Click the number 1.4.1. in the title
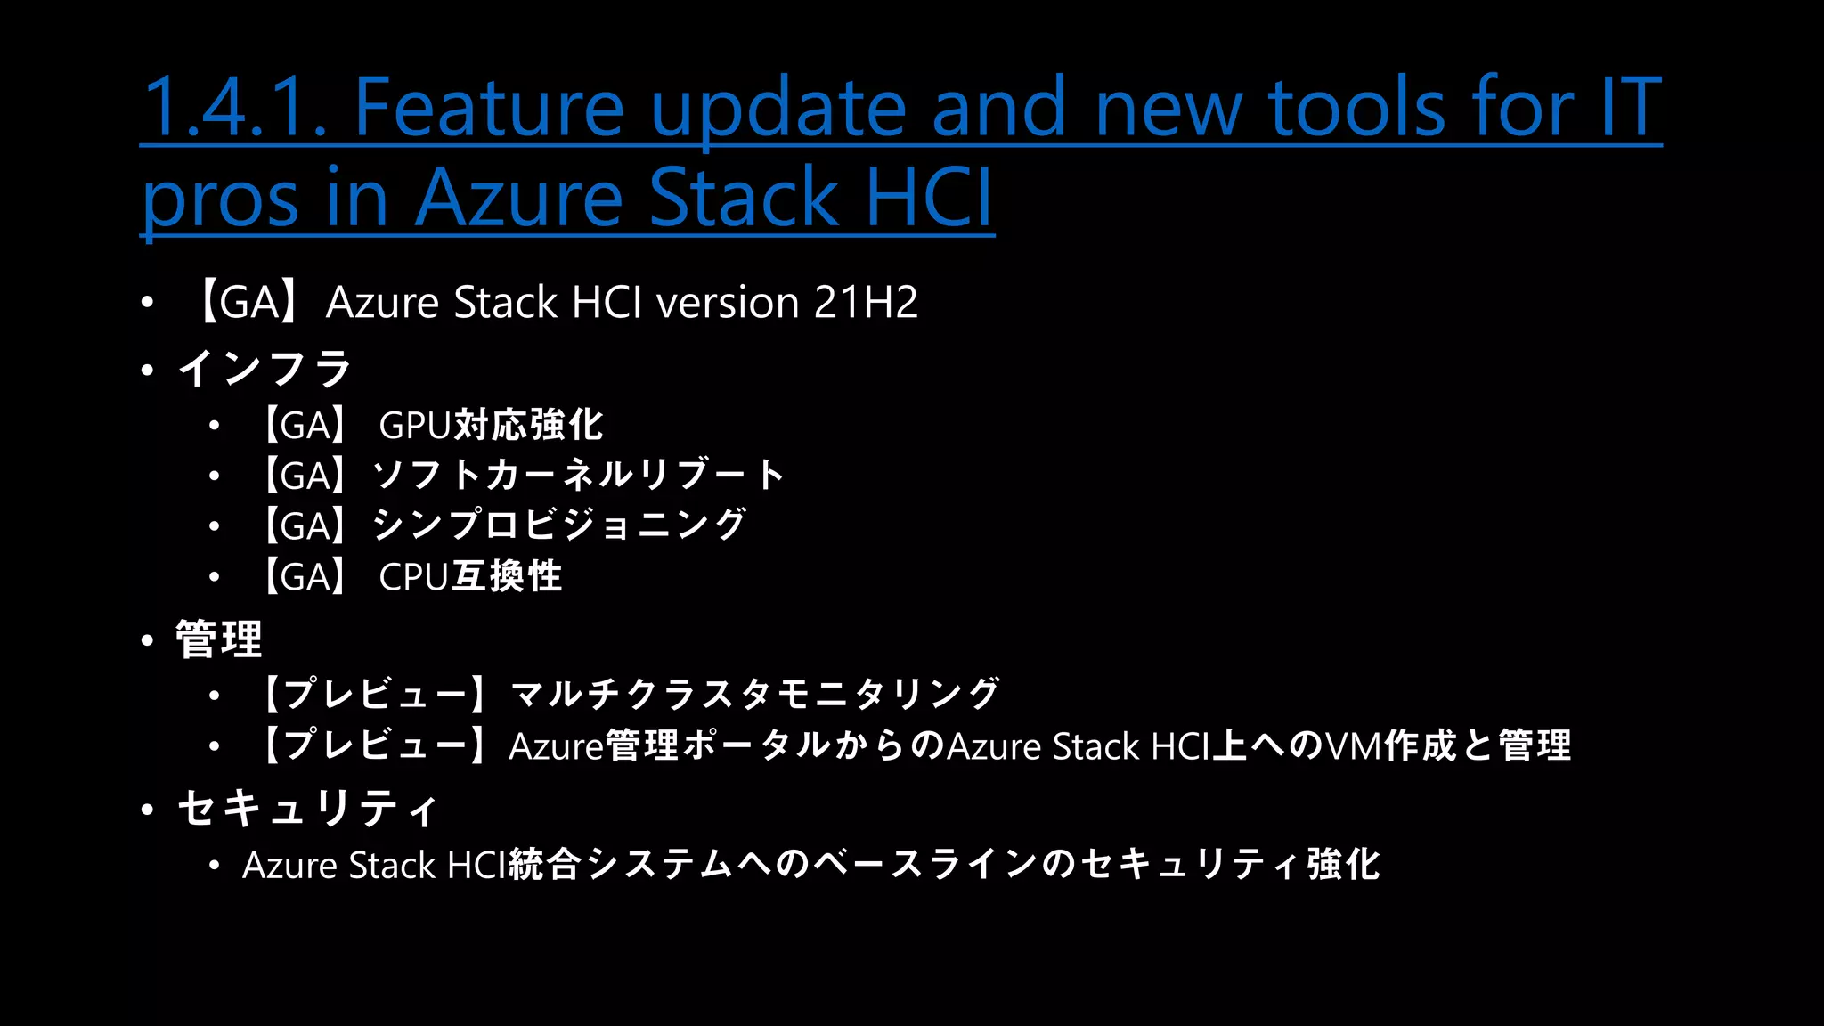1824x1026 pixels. coord(233,107)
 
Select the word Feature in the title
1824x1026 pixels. coord(489,107)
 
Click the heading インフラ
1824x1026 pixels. coord(265,369)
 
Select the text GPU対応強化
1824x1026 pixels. coord(491,426)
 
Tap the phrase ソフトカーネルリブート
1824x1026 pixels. coord(579,476)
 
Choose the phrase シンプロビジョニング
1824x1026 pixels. coord(559,525)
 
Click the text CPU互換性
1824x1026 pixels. coord(470,577)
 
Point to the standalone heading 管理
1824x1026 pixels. coord(219,639)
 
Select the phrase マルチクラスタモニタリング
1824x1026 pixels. coord(755,694)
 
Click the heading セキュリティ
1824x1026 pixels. coord(307,809)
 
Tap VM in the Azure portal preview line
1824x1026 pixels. coord(1353,746)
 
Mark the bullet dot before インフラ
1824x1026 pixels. coord(148,370)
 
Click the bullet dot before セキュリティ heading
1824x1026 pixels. coord(148,810)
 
